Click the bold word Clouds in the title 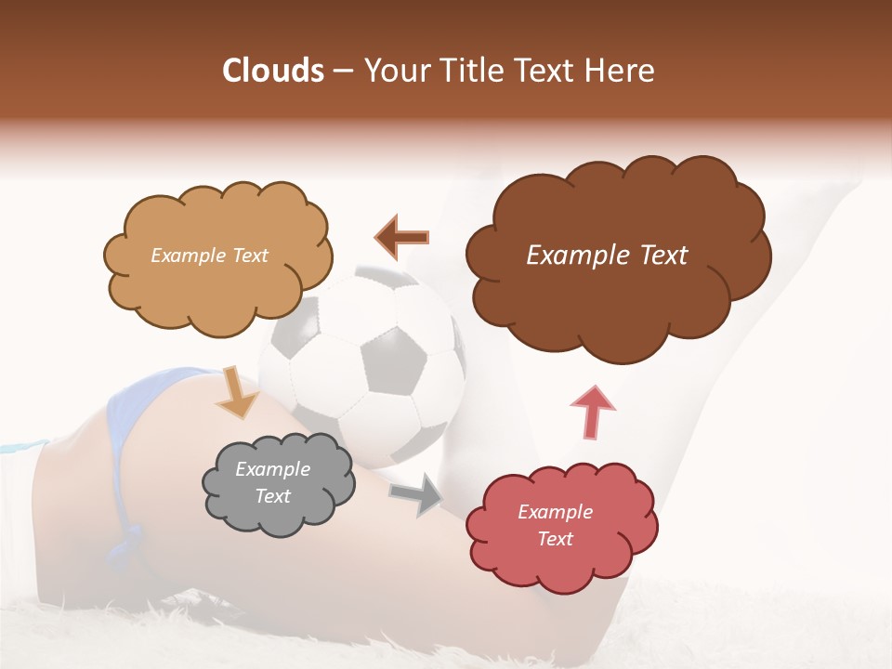[273, 71]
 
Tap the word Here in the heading [619, 71]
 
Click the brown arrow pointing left [402, 238]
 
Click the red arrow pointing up [592, 412]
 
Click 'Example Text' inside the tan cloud [209, 256]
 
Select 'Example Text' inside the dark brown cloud [607, 256]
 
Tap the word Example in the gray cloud [272, 470]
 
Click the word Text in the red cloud [555, 539]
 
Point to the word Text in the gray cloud [272, 496]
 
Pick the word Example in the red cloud [555, 512]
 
